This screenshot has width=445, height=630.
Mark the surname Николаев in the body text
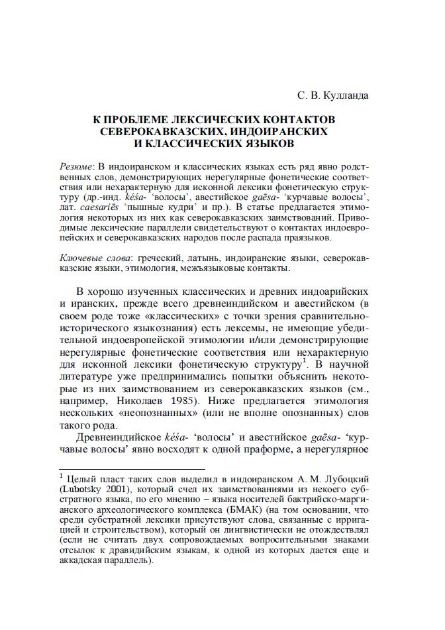(146, 401)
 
